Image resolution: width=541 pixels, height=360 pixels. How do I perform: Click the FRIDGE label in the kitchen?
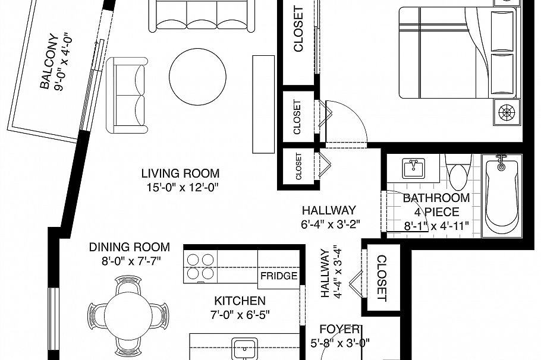tap(279, 276)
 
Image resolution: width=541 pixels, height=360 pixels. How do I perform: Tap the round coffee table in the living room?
tap(198, 77)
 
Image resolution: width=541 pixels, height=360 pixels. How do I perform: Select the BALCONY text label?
tap(48, 61)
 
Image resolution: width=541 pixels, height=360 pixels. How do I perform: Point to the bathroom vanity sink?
tap(414, 169)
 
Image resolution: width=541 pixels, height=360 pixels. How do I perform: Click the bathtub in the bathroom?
tap(502, 195)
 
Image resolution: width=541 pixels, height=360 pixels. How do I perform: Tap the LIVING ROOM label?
tap(180, 173)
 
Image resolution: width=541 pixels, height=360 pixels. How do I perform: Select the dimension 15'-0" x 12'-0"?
tap(183, 188)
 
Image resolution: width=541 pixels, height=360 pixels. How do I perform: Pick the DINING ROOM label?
tap(130, 247)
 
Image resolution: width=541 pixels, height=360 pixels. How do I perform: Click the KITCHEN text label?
tap(240, 301)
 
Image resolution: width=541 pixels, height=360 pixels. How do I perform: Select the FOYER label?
tap(340, 329)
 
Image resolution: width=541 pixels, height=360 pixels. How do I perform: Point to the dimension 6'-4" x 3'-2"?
tap(331, 225)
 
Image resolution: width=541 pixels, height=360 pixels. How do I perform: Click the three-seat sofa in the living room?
tap(202, 16)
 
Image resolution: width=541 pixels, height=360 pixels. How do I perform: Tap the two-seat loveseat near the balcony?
tap(127, 96)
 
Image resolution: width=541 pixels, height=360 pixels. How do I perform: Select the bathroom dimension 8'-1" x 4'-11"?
tap(436, 226)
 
